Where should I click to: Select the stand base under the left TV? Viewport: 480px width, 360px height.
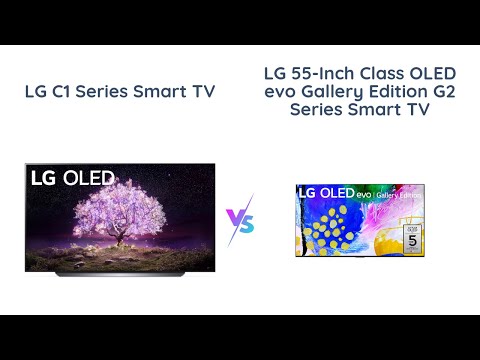click(x=120, y=271)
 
